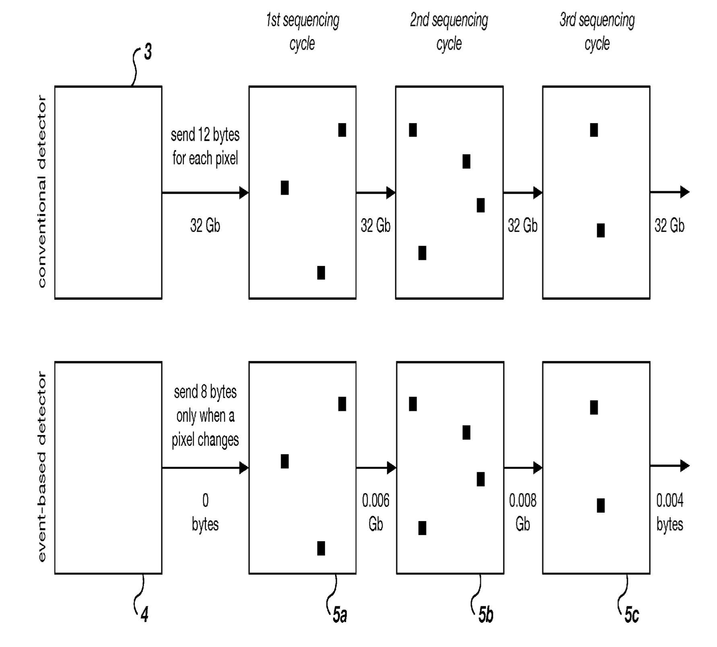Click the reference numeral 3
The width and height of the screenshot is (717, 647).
coord(148,53)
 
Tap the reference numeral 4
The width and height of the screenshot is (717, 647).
coord(144,615)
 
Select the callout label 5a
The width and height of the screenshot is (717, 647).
coord(340,615)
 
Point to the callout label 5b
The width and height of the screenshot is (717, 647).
coord(486,615)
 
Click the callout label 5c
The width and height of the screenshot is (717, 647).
coord(632,615)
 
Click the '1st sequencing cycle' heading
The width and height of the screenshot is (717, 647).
coord(303,31)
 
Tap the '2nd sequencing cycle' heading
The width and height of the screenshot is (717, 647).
coord(449,31)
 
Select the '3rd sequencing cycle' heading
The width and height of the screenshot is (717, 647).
coord(597,31)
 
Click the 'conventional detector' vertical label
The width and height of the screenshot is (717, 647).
coord(41,192)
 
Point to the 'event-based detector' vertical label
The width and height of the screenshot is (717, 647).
coord(41,467)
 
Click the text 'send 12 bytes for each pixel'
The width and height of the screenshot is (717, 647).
coord(205,146)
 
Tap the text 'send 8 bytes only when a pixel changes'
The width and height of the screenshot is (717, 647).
coord(205,416)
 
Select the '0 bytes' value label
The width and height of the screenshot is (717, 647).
coord(205,512)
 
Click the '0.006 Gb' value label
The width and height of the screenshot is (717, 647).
coord(376,512)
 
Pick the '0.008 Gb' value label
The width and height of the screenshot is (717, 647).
coord(523,512)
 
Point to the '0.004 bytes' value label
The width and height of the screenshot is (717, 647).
coord(670,512)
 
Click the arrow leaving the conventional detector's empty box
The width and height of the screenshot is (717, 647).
coord(205,193)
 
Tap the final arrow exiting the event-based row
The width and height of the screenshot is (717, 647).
coord(670,466)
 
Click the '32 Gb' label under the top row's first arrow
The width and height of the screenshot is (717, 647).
coord(205,225)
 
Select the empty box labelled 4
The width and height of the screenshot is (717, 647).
coord(108,468)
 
